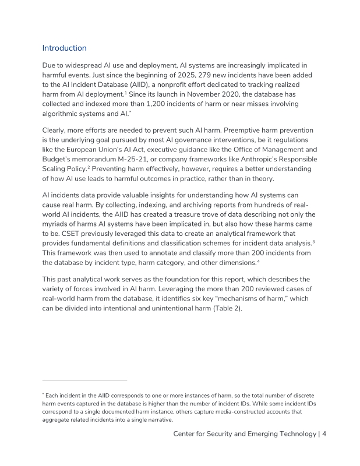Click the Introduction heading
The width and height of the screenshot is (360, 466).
point(65,48)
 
